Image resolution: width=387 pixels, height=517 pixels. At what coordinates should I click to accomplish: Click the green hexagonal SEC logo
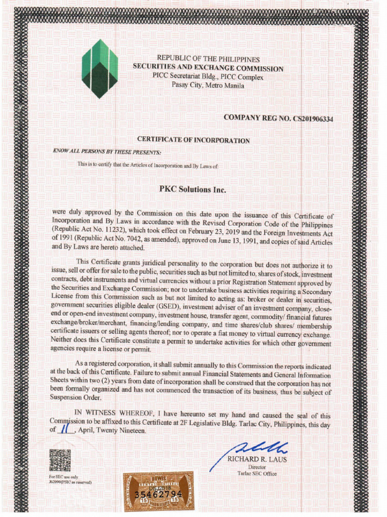100,69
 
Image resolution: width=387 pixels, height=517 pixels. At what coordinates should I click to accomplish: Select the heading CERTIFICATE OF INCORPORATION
193,140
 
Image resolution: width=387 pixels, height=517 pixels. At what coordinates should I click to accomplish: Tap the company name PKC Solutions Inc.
193,190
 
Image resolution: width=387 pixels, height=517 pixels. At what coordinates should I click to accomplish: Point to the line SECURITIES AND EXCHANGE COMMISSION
208,68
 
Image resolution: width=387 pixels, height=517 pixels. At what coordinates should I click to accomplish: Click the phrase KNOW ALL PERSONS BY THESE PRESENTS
107,151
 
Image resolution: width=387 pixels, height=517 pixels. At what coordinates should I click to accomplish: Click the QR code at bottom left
60,460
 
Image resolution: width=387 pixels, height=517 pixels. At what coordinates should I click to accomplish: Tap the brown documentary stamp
158,491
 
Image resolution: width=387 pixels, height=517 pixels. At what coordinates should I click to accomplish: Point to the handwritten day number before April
64,429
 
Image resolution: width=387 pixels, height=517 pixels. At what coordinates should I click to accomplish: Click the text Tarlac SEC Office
257,474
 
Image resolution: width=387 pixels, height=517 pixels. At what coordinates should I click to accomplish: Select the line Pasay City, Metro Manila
208,85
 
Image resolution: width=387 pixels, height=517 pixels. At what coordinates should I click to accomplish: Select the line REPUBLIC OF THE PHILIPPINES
208,60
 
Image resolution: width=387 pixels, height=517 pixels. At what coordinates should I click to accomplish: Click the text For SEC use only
63,477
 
